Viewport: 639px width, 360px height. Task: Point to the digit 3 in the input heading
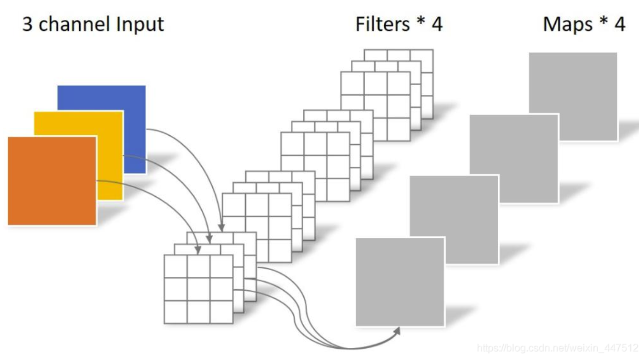coord(27,24)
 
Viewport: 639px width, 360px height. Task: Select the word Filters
coord(382,24)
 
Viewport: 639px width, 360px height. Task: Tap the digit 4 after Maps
coord(620,24)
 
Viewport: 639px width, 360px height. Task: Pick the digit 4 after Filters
coord(436,24)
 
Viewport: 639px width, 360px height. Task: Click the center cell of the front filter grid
coord(199,289)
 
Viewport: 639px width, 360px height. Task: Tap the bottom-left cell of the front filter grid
coord(176,312)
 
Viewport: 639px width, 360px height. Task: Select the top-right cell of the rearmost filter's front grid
coord(399,84)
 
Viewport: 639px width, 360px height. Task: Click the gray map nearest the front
coord(400,281)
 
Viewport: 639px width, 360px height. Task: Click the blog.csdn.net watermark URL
coord(557,348)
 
